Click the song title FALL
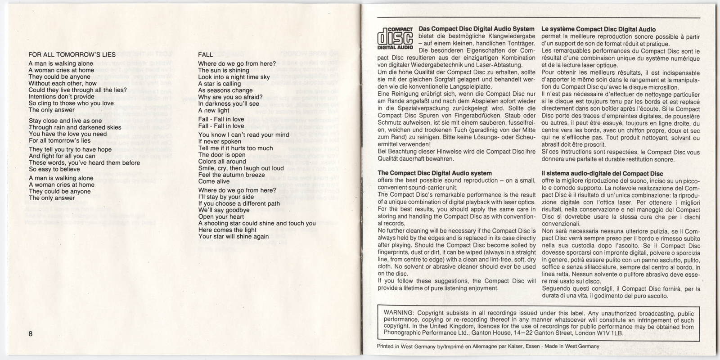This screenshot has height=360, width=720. [206, 55]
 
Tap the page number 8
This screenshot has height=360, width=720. [31, 334]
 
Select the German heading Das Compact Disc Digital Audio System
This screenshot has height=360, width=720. [477, 29]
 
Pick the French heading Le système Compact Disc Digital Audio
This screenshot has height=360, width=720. [598, 29]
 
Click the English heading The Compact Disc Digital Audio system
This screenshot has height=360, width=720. [434, 173]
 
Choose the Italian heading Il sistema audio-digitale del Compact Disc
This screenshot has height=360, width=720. [603, 173]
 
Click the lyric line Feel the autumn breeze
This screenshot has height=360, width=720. [232, 175]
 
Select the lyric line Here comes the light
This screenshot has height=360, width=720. [227, 230]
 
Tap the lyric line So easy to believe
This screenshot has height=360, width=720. [54, 169]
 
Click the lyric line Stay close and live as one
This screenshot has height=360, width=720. [65, 121]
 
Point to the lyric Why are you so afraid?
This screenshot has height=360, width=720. [230, 97]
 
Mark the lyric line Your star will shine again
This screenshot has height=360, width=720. [234, 237]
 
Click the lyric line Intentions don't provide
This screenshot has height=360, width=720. [62, 96]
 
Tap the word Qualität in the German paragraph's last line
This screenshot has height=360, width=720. [390, 158]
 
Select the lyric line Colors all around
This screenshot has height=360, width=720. [222, 162]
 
